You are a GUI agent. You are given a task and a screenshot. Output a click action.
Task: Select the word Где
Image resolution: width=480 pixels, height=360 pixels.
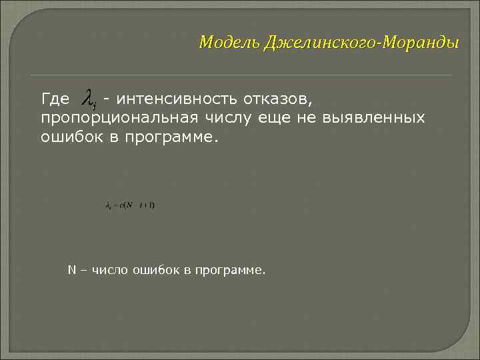pos(55,100)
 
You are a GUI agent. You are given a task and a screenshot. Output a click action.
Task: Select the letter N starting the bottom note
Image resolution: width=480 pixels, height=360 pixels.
pos(71,270)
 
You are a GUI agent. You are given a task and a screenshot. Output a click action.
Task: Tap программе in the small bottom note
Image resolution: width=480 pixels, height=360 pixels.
pos(229,271)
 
